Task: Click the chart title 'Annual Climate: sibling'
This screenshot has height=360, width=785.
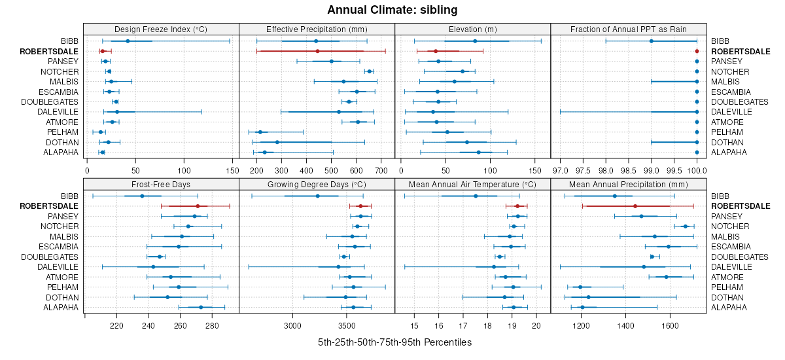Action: (392, 10)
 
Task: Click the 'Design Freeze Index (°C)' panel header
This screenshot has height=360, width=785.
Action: (161, 29)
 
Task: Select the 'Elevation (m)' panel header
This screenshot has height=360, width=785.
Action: (473, 29)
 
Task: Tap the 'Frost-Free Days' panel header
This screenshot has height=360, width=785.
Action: (161, 184)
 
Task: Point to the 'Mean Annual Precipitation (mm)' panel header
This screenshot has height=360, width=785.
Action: (629, 184)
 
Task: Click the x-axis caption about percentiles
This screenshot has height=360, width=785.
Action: (394, 342)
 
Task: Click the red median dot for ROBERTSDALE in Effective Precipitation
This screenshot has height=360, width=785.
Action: (317, 51)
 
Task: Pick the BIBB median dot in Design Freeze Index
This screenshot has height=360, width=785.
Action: (128, 41)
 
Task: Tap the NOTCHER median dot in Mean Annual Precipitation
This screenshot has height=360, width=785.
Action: (686, 226)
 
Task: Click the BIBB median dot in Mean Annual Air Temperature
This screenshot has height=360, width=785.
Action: (476, 196)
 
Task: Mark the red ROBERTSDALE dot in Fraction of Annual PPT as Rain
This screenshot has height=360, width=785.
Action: (697, 51)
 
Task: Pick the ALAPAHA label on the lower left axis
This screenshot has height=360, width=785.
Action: (61, 308)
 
